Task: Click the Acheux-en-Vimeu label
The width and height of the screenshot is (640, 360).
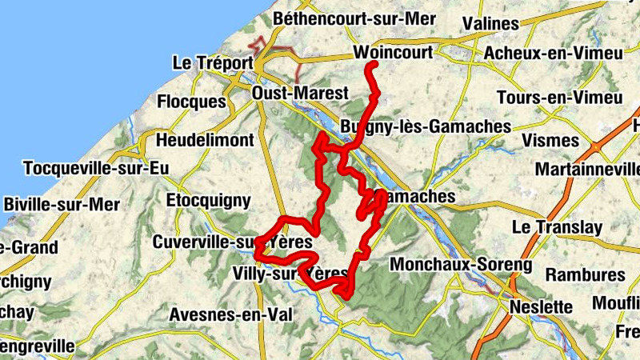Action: [553, 53]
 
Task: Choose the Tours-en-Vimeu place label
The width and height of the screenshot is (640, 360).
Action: [559, 98]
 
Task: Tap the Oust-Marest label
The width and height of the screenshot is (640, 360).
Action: [300, 94]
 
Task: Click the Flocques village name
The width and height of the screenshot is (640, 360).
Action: [191, 102]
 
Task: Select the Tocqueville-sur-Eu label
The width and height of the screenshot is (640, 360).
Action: [94, 169]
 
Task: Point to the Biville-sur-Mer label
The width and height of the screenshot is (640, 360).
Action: [62, 204]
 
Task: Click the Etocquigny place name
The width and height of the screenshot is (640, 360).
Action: [208, 201]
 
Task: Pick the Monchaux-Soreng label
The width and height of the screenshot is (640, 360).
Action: [461, 264]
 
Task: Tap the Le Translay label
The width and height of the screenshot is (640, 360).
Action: [558, 227]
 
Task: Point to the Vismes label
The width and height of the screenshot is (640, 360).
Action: [550, 141]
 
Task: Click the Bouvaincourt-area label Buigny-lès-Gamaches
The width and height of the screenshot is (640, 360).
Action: [425, 126]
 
